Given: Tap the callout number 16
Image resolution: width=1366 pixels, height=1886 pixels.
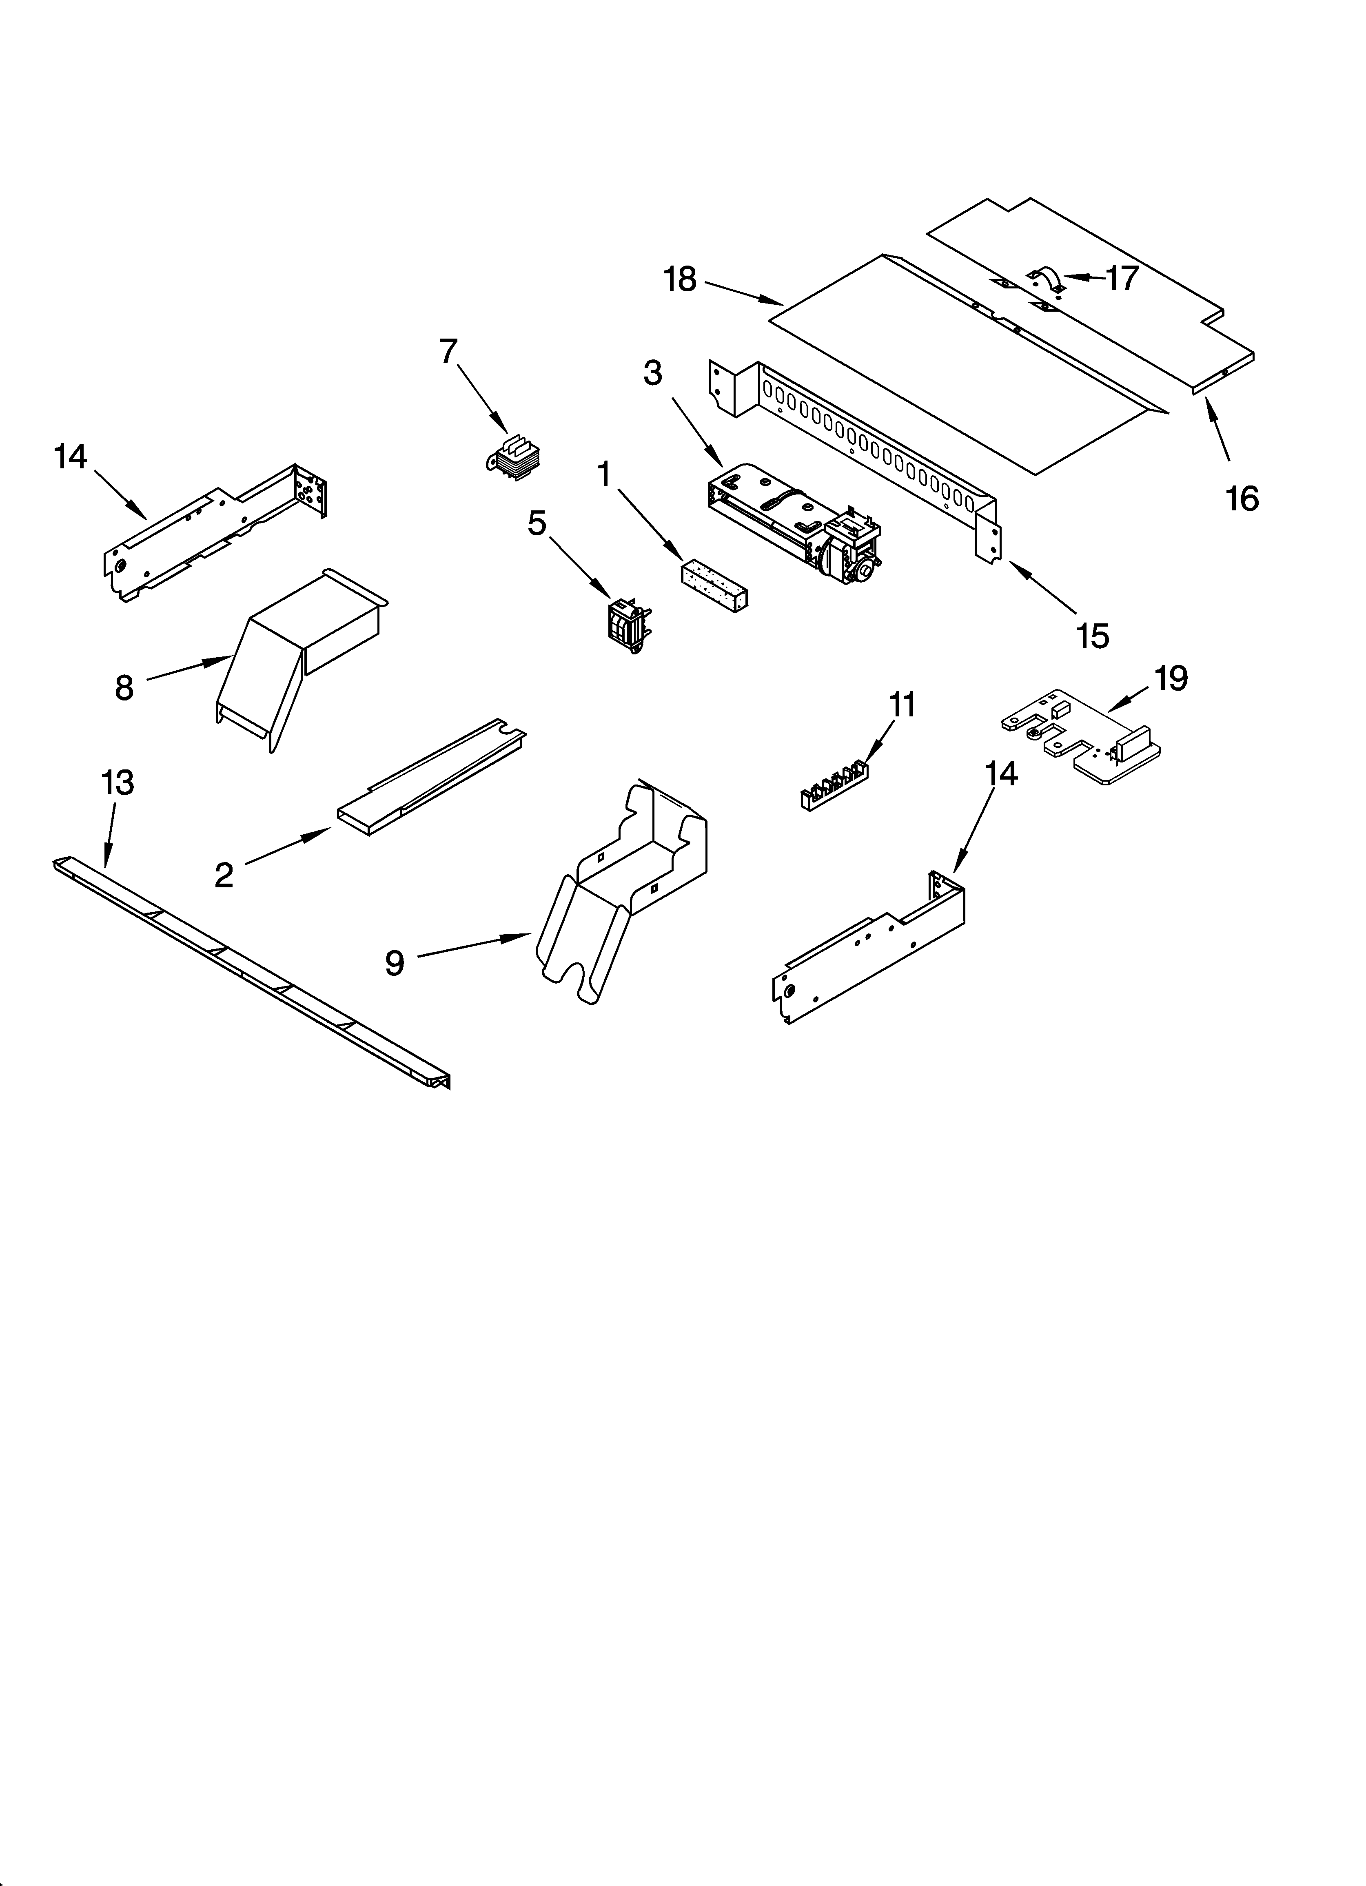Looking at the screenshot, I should click(1241, 499).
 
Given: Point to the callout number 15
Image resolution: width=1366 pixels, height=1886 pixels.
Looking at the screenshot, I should click(1092, 636).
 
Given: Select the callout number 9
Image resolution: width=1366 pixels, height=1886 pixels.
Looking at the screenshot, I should click(394, 963).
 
